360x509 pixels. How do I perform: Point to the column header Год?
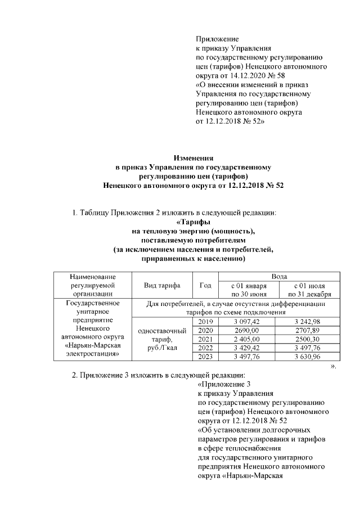click(x=205, y=285)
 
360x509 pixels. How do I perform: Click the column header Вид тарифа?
click(x=161, y=285)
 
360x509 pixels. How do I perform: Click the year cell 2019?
click(x=205, y=320)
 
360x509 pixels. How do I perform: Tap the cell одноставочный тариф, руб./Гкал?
click(x=161, y=340)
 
